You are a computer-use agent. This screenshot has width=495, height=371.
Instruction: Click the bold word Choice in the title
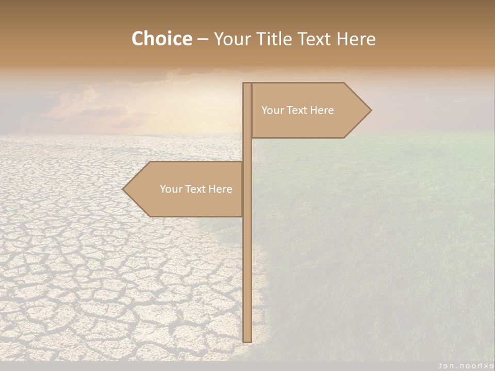click(161, 39)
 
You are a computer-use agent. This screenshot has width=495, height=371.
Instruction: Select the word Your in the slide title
click(230, 39)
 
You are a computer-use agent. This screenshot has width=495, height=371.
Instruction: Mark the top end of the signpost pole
click(247, 84)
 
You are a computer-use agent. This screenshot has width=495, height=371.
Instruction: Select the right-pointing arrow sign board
click(309, 124)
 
